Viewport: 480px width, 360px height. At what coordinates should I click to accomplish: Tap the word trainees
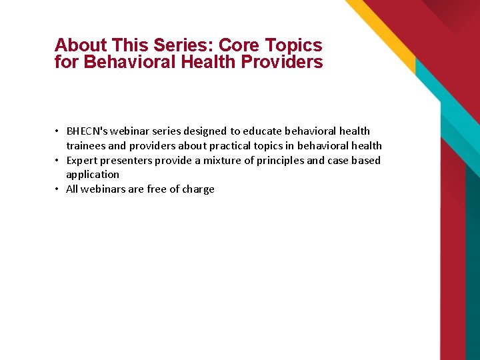(85, 146)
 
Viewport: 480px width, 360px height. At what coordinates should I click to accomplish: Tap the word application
(93, 175)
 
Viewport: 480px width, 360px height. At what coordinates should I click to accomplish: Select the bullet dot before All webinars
(58, 189)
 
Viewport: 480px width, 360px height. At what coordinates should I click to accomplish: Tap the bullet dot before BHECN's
(58, 131)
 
